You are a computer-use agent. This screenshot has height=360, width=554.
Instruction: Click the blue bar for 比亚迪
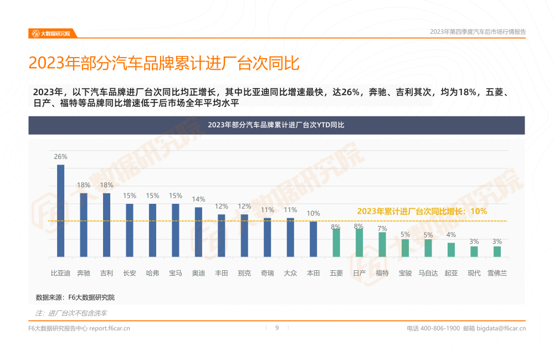click(60, 210)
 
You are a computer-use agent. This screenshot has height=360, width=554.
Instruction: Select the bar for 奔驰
click(84, 225)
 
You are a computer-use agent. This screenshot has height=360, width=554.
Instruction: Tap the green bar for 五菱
click(336, 243)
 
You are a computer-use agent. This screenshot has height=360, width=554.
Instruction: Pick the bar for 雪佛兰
click(497, 251)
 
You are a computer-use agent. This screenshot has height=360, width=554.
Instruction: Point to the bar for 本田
click(313, 239)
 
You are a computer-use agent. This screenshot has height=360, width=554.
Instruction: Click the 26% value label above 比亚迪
click(60, 157)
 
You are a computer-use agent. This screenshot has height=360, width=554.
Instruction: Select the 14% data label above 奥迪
click(198, 199)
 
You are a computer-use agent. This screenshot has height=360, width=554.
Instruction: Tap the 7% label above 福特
click(382, 228)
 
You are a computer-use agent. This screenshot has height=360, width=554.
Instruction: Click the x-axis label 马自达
click(428, 273)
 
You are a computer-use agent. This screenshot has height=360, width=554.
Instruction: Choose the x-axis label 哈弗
click(152, 273)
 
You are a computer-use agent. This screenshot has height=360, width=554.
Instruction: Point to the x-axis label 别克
click(244, 273)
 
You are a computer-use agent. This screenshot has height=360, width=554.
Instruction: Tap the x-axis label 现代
click(474, 273)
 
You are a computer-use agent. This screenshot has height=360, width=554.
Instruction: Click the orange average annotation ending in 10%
click(422, 211)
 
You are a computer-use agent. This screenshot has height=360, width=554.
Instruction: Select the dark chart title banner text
click(276, 125)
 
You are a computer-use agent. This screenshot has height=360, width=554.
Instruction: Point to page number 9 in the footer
click(277, 328)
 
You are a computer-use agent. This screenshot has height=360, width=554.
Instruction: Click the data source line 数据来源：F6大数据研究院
click(75, 297)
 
